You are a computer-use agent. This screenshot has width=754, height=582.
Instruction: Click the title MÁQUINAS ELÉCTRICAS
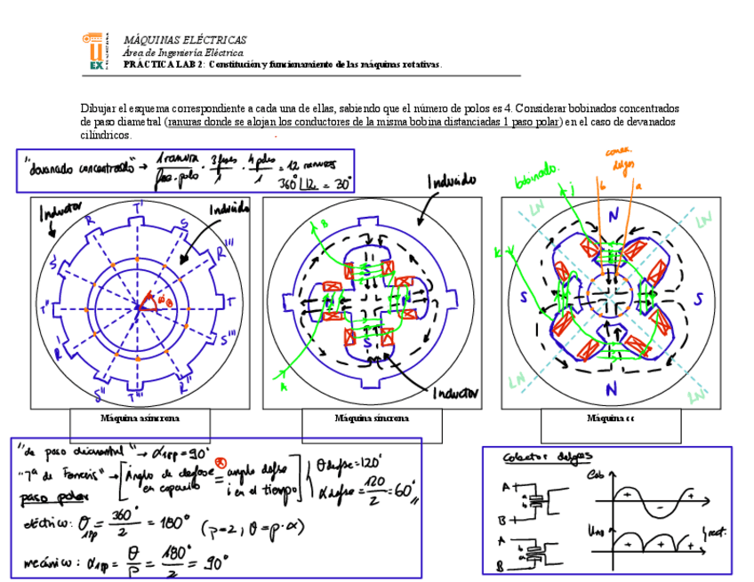click(185, 40)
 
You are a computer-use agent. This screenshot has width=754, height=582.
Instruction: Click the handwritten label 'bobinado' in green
click(534, 178)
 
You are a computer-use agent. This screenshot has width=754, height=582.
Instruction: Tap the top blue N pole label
click(612, 219)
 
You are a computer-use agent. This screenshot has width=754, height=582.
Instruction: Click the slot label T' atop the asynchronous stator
click(140, 210)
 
